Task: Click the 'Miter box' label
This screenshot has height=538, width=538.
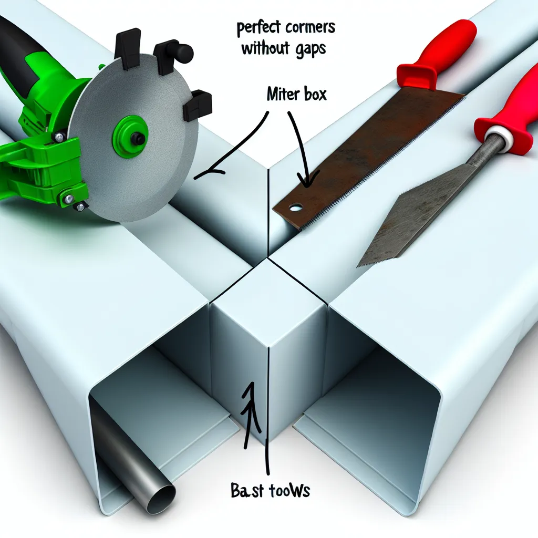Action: click(296, 95)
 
